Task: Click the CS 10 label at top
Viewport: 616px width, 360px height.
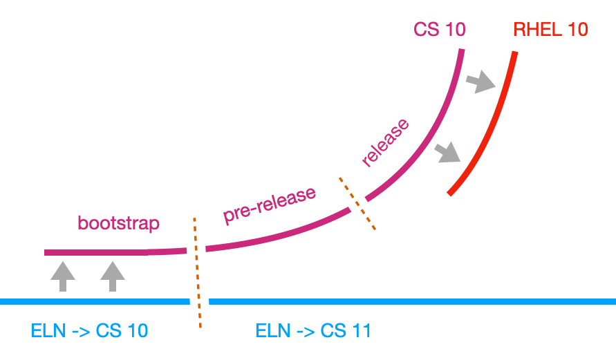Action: (x=439, y=30)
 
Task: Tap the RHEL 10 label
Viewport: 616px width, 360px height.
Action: (x=550, y=30)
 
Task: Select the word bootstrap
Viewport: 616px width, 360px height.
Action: (x=119, y=223)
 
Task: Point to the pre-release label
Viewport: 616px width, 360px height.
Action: (x=270, y=205)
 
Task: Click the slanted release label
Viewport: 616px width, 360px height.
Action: (x=386, y=144)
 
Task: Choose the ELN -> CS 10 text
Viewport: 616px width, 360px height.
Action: (x=89, y=331)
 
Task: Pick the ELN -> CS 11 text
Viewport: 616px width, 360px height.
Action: (x=313, y=331)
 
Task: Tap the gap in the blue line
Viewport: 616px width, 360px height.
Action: (x=199, y=301)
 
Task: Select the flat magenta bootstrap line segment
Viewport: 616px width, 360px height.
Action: (x=97, y=253)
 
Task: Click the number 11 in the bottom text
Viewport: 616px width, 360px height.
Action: (x=362, y=331)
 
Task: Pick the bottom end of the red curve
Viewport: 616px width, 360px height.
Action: (x=451, y=193)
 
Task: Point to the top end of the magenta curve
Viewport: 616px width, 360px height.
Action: (x=461, y=50)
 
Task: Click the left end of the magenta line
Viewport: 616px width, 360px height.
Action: (x=46, y=253)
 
